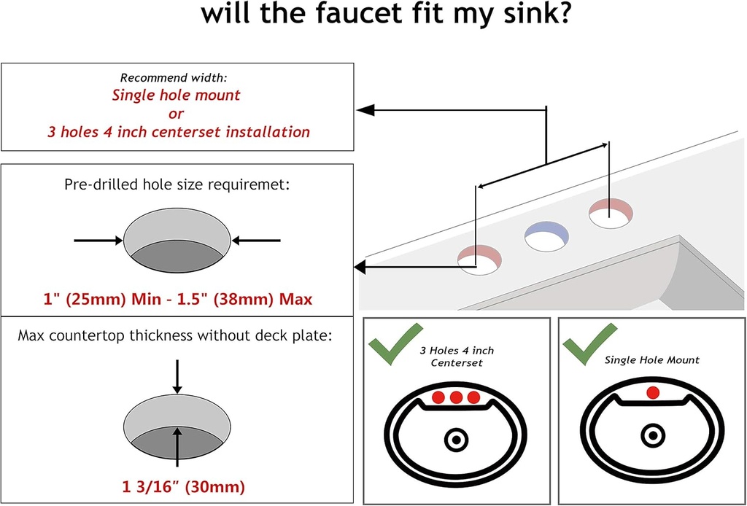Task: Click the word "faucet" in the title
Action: coord(341,14)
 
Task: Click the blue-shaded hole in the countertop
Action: coord(547,237)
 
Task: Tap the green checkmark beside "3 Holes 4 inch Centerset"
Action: coord(395,343)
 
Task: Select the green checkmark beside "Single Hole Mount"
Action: coord(589,343)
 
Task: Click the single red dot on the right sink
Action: coord(653,393)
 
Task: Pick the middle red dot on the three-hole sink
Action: coord(456,397)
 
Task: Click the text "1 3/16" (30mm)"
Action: coord(183,487)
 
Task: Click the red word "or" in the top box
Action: coord(176,114)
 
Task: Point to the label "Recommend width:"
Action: coord(176,77)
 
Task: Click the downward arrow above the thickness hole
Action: coord(177,376)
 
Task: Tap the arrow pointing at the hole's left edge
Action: coord(98,241)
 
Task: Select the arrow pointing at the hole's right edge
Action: coord(256,241)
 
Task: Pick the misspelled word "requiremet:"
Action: coord(251,184)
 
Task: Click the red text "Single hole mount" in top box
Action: coord(176,96)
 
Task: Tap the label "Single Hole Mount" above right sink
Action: coord(652,360)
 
